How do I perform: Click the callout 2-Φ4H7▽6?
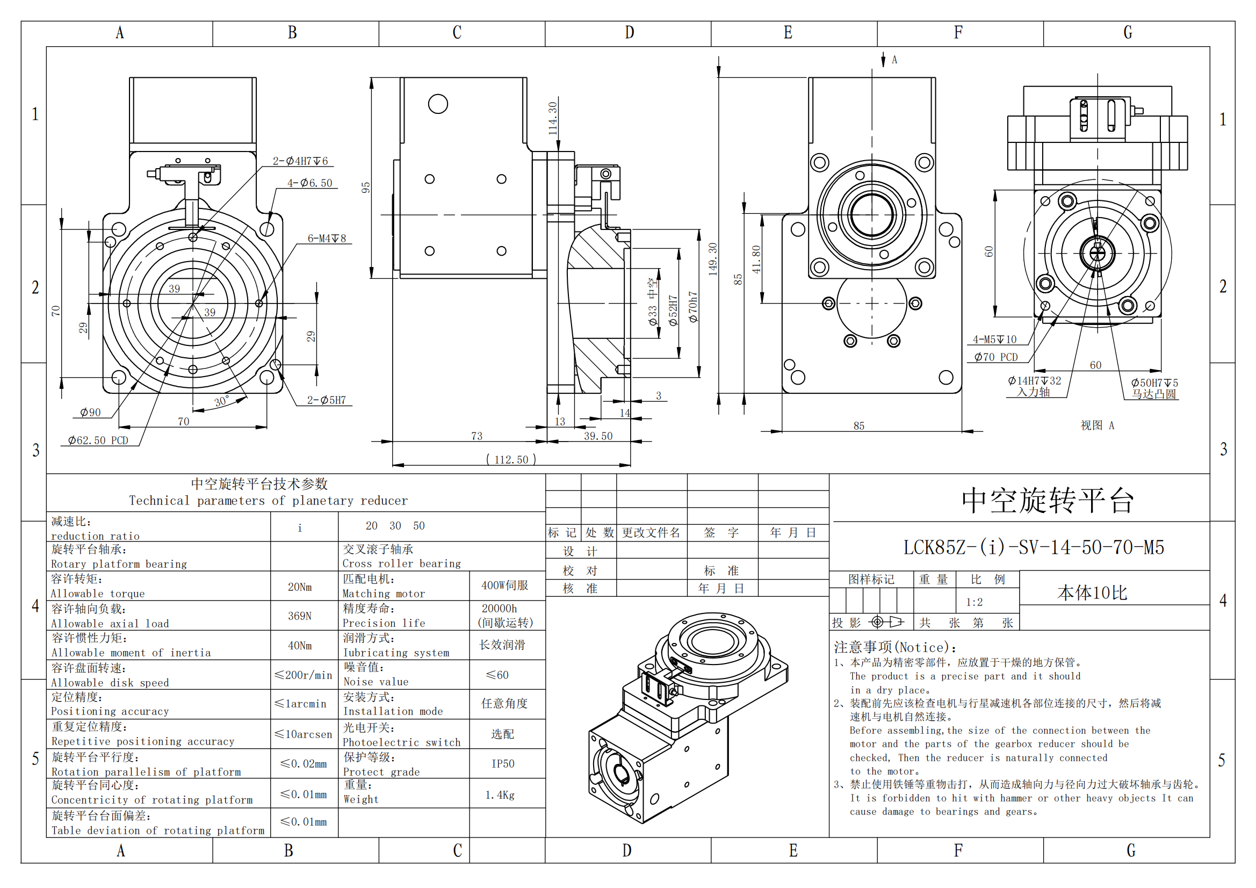[300, 161]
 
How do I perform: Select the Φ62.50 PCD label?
[98, 441]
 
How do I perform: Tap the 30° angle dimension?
[221, 402]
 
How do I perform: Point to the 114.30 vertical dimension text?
[552, 118]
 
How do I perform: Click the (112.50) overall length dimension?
[511, 460]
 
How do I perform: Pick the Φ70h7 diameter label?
[693, 306]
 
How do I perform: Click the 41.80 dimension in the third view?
[756, 259]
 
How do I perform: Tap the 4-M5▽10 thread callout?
[994, 339]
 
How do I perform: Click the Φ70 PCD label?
[995, 357]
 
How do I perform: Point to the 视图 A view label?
[1097, 425]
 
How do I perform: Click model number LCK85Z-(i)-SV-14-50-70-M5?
[1034, 547]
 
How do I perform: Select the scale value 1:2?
[974, 602]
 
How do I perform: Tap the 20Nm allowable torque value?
[300, 587]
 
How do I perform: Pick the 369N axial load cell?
[300, 616]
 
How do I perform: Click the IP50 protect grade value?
[503, 764]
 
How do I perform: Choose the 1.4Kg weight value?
[500, 795]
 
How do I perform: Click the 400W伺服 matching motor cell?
[504, 586]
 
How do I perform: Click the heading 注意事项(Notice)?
[895, 648]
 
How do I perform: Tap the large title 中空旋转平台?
[1047, 501]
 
